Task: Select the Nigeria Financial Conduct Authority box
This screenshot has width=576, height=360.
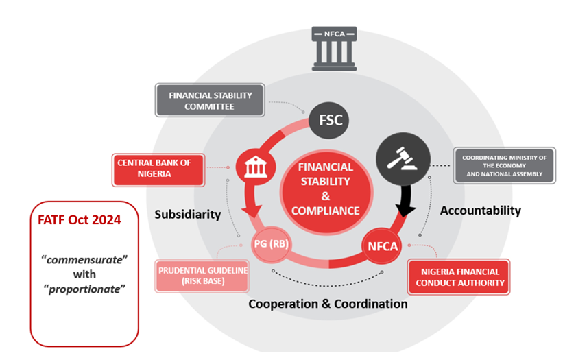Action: (x=459, y=276)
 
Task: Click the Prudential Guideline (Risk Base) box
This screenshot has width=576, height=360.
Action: (x=203, y=275)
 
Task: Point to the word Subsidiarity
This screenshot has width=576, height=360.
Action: (x=187, y=214)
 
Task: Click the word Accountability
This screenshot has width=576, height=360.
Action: (x=480, y=210)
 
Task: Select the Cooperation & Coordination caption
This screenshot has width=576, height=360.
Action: (x=327, y=303)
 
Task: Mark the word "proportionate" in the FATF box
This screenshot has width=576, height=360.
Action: (x=85, y=288)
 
